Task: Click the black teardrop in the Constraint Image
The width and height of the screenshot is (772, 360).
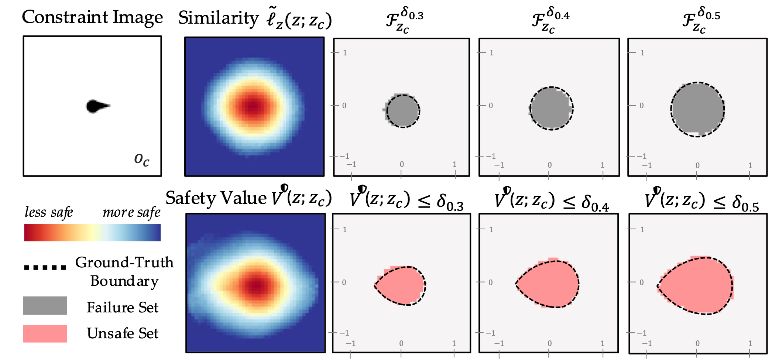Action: pos(95,106)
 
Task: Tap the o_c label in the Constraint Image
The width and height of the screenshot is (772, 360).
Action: pos(142,159)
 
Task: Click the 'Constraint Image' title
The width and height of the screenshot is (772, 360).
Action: pos(92,17)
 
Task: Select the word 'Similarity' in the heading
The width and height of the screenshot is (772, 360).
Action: pos(219,18)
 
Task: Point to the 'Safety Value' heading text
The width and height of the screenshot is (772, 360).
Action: pos(216,198)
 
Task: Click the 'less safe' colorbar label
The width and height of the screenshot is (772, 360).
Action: pos(49,212)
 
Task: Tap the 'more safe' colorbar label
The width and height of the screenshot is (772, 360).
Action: pos(131,212)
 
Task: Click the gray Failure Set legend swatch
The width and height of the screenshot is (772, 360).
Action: pos(45,305)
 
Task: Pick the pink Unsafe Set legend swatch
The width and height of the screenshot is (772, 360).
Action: pos(45,334)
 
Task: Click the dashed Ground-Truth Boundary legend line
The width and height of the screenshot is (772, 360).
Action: pos(45,267)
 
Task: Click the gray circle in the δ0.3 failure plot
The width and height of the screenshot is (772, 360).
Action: pos(403,111)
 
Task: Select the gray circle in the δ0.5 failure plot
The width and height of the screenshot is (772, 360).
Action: pos(697,109)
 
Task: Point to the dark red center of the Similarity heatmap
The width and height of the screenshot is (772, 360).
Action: pos(253,106)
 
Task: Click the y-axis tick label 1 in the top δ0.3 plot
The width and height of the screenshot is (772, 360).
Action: pos(345,53)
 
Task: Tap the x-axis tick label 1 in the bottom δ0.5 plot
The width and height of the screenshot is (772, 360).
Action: pos(750,343)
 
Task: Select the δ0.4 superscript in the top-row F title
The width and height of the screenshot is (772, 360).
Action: pos(558,14)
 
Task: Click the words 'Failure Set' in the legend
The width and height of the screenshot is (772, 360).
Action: pos(123,307)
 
